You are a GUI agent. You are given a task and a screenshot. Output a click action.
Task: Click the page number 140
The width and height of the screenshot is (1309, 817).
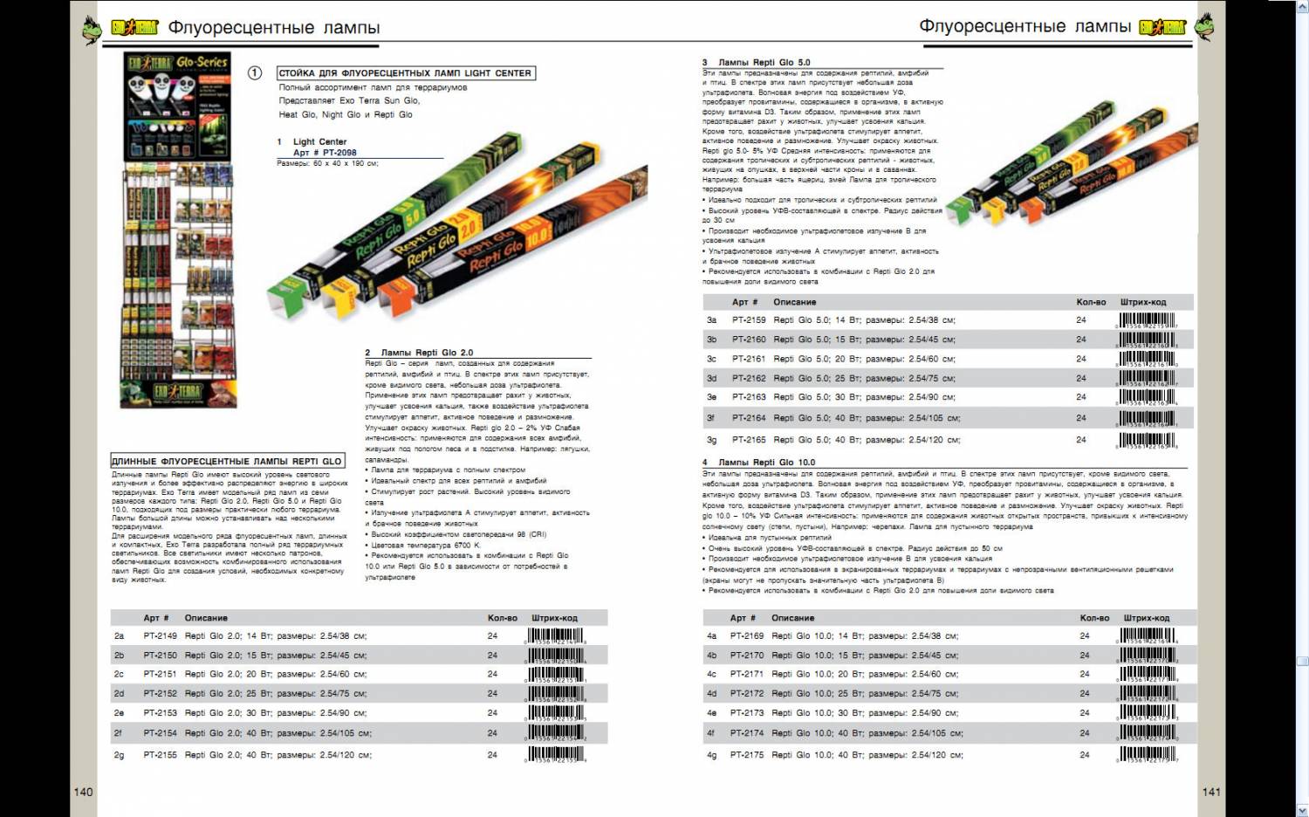coord(83,792)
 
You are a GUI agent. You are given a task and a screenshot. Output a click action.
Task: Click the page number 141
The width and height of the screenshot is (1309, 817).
coord(1211,792)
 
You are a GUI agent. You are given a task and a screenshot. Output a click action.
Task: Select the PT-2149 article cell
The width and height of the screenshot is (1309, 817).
coord(160,636)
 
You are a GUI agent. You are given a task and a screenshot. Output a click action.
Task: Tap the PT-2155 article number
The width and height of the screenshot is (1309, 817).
coord(160,755)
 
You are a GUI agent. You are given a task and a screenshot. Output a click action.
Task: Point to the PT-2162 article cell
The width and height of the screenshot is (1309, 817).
coord(749,379)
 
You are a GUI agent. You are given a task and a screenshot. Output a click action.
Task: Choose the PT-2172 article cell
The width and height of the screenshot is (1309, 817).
coord(747,694)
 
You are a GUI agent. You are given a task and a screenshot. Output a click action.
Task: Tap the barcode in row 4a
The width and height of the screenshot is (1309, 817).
coord(1148,636)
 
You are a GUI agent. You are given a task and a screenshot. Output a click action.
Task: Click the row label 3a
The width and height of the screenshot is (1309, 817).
coord(711,320)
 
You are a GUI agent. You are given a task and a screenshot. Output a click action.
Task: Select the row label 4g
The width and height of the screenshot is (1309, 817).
coord(711,755)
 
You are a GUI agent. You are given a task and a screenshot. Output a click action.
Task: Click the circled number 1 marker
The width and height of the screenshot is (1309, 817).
coord(255,73)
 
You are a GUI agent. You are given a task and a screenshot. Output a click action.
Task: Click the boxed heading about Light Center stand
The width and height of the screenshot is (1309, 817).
coord(405,73)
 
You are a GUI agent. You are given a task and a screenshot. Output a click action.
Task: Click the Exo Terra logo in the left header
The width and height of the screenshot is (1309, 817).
coord(134,27)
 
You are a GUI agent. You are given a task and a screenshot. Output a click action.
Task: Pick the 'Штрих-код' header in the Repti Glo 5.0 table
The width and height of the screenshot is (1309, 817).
coord(1142,302)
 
